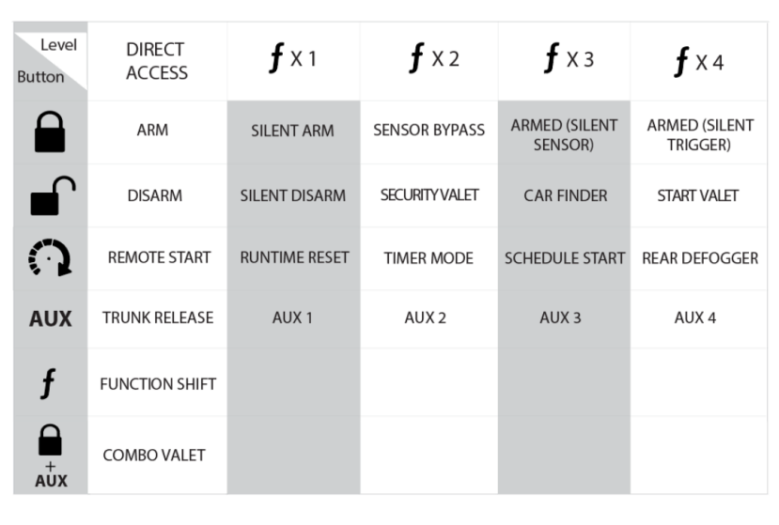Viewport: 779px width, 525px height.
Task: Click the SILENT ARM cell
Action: coord(292,131)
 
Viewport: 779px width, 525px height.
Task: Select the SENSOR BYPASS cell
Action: coord(428,131)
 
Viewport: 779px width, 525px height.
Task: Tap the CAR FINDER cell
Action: coord(565,195)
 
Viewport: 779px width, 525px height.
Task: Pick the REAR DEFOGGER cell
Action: coord(700,258)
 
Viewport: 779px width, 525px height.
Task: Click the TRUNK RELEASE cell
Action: coord(158,317)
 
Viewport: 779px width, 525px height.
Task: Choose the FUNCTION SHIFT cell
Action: coord(158,383)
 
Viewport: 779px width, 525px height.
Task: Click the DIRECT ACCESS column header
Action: coord(157,60)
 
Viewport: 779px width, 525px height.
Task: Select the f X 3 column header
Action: coord(564,59)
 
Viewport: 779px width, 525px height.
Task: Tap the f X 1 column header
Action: coord(292,59)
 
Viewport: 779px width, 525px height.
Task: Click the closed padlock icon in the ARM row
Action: coord(51,131)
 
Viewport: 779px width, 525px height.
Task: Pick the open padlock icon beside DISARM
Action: coord(51,194)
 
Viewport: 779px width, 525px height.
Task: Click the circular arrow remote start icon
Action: coord(51,258)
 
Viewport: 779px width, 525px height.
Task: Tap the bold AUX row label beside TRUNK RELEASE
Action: coord(51,318)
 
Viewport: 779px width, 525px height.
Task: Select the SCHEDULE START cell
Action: coord(565,258)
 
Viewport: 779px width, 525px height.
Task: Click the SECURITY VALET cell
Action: coord(428,195)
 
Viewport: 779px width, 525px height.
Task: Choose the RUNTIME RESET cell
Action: coord(293,258)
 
